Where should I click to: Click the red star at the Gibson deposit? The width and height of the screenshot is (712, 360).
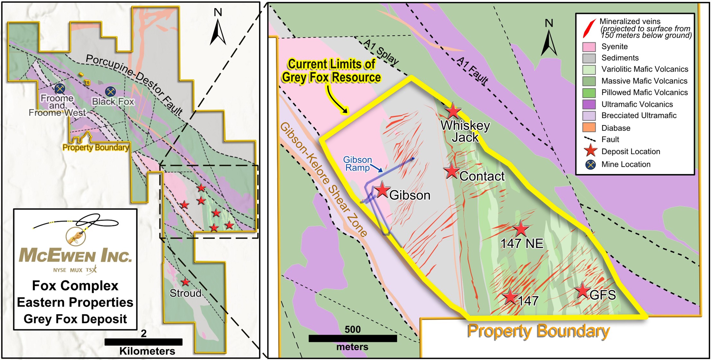click(x=382, y=190)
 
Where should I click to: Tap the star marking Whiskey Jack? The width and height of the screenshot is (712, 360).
click(x=453, y=111)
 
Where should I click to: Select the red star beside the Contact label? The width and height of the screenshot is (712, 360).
click(x=452, y=171)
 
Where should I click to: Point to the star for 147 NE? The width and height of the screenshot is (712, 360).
click(x=521, y=229)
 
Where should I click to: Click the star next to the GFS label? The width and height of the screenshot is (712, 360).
click(x=582, y=291)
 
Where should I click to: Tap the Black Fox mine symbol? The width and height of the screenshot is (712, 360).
click(x=111, y=91)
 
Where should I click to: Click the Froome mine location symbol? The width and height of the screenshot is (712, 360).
click(x=60, y=88)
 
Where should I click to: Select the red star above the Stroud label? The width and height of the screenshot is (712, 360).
click(x=185, y=282)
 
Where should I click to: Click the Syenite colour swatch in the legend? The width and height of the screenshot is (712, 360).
click(x=589, y=47)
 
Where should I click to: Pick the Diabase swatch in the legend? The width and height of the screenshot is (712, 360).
click(x=589, y=128)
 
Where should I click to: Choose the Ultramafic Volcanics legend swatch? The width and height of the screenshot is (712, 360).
click(x=589, y=104)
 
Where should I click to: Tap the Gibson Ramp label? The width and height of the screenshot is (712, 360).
click(x=357, y=164)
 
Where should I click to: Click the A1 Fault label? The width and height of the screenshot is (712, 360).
click(x=473, y=71)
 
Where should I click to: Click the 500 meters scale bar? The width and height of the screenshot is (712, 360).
click(x=353, y=338)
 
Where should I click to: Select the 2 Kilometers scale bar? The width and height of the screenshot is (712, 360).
click(x=143, y=342)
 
